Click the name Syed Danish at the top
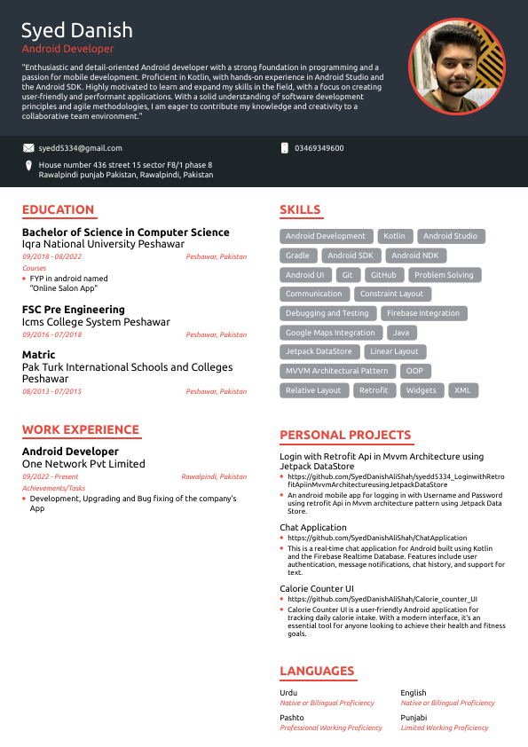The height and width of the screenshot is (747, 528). pyautogui.click(x=77, y=30)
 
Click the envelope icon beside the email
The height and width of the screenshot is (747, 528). pyautogui.click(x=28, y=148)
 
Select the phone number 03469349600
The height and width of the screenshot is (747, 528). pyautogui.click(x=319, y=148)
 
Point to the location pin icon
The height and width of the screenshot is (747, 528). pyautogui.click(x=28, y=166)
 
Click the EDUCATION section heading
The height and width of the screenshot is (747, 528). pyautogui.click(x=58, y=210)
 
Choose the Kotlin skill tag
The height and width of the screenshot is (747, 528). pyautogui.click(x=394, y=236)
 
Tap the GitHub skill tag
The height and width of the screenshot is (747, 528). pyautogui.click(x=383, y=275)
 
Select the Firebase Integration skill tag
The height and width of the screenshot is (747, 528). pyautogui.click(x=423, y=313)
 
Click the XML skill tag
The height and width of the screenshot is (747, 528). pyautogui.click(x=462, y=390)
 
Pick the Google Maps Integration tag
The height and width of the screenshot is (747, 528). pyautogui.click(x=330, y=333)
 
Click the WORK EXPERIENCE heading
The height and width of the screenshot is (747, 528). pyautogui.click(x=81, y=430)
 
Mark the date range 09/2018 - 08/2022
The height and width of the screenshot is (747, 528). pyautogui.click(x=51, y=256)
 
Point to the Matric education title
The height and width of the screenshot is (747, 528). pyautogui.click(x=40, y=355)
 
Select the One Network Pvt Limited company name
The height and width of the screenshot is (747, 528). pyautogui.click(x=83, y=464)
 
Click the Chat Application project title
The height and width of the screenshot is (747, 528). pyautogui.click(x=313, y=528)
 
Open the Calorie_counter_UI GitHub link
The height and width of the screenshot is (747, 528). pyautogui.click(x=382, y=599)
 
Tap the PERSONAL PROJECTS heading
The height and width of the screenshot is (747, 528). pyautogui.click(x=345, y=436)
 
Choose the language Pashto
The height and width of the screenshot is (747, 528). pyautogui.click(x=292, y=718)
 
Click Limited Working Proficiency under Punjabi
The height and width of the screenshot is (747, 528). pyautogui.click(x=445, y=727)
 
